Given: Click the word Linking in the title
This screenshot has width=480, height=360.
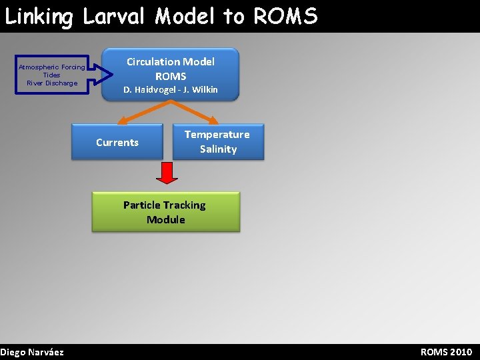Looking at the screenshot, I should pyautogui.click(x=39, y=16).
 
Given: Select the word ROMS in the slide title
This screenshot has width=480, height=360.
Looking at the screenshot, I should pyautogui.click(x=285, y=16).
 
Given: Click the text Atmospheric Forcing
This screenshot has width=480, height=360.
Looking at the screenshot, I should pyautogui.click(x=51, y=67).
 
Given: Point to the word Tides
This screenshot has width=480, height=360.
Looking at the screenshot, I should pyautogui.click(x=51, y=75).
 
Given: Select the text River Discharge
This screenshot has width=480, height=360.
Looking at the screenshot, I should pyautogui.click(x=51, y=83).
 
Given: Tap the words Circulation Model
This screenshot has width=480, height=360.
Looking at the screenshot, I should pyautogui.click(x=171, y=62).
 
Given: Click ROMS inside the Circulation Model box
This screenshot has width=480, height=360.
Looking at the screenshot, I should pyautogui.click(x=171, y=77).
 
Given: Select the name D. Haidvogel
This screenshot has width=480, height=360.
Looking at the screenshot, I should pyautogui.click(x=147, y=90).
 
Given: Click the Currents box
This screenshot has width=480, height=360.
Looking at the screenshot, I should pyautogui.click(x=117, y=142).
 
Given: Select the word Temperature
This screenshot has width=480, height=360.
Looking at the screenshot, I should pyautogui.click(x=217, y=135).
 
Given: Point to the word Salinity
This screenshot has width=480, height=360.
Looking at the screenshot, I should pyautogui.click(x=218, y=149).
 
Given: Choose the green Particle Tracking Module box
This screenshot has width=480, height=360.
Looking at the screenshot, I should pyautogui.click(x=165, y=212).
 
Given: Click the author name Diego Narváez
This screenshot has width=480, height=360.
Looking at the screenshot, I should pyautogui.click(x=32, y=352).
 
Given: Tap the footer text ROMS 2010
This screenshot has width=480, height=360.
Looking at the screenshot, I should pyautogui.click(x=446, y=352).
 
